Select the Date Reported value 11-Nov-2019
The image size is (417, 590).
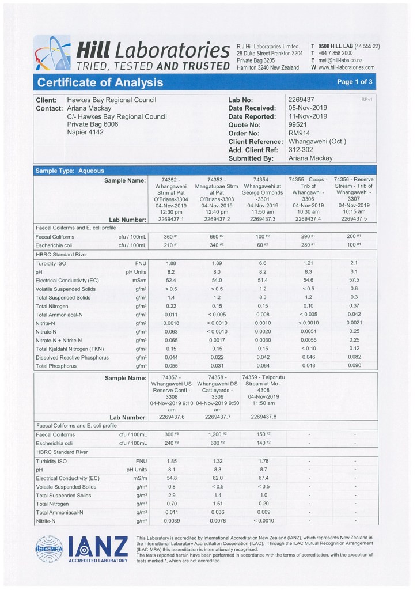click(307, 116)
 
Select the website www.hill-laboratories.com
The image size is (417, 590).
click(346, 67)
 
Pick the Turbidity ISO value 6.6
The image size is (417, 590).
click(262, 263)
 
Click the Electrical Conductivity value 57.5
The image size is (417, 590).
click(354, 280)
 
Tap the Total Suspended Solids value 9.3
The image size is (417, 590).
click(354, 297)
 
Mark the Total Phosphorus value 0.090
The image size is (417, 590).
click(354, 366)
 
